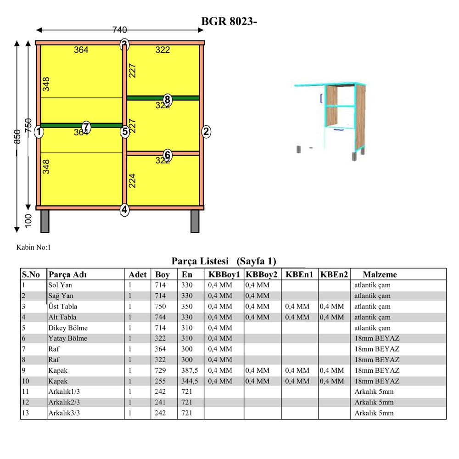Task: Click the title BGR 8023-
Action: tap(229, 22)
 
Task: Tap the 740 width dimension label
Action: tap(120, 29)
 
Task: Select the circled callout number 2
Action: tap(206, 131)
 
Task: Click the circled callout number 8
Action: tap(168, 100)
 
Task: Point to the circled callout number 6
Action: tap(168, 155)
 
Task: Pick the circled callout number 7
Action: tap(86, 127)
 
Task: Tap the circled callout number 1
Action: tap(39, 131)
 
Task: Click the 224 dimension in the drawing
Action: tap(132, 180)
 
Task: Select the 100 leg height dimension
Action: tap(28, 221)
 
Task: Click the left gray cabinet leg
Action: tap(45, 222)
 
